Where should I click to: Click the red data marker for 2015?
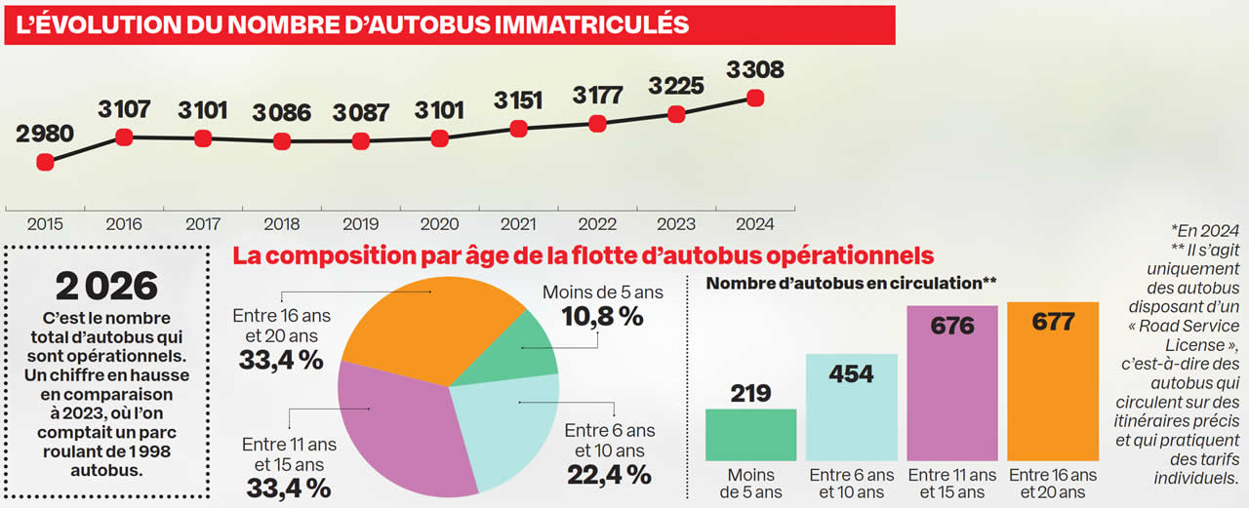(x=45, y=163)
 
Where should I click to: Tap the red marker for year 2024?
(x=754, y=98)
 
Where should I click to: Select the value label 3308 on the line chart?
(x=754, y=70)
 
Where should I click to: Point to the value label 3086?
(x=281, y=112)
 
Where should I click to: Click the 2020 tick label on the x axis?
(x=439, y=224)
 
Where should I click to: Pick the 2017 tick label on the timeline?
(x=203, y=224)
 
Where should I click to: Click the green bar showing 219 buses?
(x=750, y=435)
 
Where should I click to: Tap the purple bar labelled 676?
(x=952, y=390)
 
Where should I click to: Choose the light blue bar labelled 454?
(x=851, y=410)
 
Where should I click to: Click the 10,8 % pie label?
(x=602, y=316)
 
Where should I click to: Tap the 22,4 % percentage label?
(x=609, y=475)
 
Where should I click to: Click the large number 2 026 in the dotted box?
(x=106, y=286)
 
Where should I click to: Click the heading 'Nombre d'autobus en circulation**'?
(x=851, y=284)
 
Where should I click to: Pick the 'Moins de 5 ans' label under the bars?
(x=750, y=484)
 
